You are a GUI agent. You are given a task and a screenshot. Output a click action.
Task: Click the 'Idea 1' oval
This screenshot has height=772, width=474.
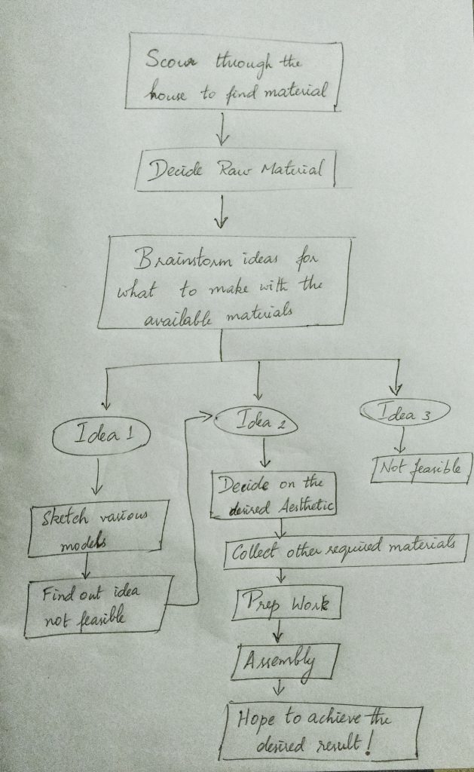[102, 436]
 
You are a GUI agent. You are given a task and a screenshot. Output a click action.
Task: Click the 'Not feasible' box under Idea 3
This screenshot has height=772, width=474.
[421, 468]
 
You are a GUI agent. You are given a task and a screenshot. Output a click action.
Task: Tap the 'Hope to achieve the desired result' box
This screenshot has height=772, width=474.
[320, 731]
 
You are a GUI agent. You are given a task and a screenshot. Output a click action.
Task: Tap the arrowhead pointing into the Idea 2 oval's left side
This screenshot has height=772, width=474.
[206, 415]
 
